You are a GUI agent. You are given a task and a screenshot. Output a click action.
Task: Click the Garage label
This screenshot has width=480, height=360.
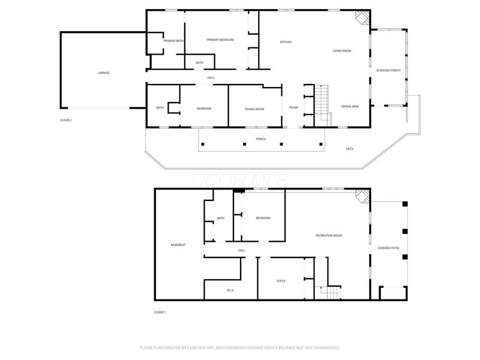(x=104, y=73)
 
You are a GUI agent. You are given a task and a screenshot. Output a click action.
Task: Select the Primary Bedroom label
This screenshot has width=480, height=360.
(x=220, y=40)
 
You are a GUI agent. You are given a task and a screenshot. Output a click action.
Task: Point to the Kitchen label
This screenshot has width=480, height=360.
(x=286, y=41)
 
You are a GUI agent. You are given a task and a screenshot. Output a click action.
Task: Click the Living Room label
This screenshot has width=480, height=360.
(x=342, y=51)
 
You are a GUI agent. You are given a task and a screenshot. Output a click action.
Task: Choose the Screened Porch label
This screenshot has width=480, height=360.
(x=388, y=70)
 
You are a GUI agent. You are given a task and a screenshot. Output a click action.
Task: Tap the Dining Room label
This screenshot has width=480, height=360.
(x=254, y=108)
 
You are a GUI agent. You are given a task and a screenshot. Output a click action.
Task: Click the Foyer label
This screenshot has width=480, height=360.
(x=293, y=107)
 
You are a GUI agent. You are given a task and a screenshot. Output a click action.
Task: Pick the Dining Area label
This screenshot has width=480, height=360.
(x=350, y=106)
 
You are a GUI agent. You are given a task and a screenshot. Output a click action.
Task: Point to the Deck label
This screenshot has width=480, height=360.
(x=349, y=148)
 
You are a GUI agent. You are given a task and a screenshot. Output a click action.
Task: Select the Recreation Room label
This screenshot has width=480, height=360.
(x=329, y=235)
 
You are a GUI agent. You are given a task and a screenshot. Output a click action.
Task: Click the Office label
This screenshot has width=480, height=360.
(x=280, y=280)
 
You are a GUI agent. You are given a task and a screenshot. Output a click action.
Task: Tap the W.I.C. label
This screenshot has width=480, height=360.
(x=230, y=290)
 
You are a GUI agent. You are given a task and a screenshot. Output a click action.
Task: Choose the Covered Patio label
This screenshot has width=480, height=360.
(x=388, y=248)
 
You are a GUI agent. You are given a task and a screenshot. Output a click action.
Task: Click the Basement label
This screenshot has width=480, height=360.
(x=178, y=245)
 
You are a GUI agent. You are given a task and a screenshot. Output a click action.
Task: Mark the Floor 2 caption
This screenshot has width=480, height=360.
(x=66, y=120)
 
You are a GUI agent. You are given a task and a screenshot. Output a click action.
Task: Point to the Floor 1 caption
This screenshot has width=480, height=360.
(x=160, y=312)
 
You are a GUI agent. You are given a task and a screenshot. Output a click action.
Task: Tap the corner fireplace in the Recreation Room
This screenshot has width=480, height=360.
(x=361, y=196)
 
